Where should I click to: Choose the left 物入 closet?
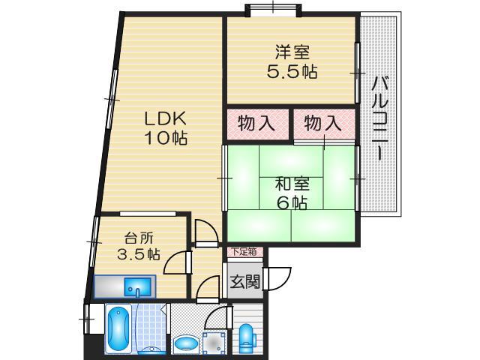click(x=256, y=124)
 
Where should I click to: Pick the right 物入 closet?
click(x=323, y=124)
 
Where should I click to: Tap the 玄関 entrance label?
click(x=244, y=282)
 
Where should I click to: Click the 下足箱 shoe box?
click(x=243, y=252)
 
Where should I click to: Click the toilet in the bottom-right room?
click(x=247, y=337)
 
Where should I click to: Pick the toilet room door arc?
click(x=215, y=316)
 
